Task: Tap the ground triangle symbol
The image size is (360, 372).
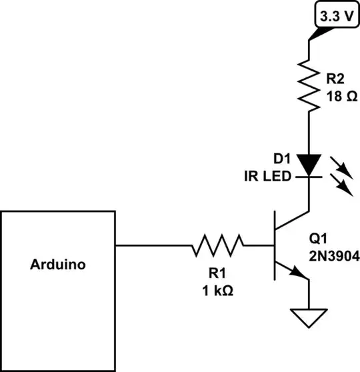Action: [309, 319]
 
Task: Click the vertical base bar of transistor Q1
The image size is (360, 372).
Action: [275, 246]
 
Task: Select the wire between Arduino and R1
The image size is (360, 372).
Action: [153, 246]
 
